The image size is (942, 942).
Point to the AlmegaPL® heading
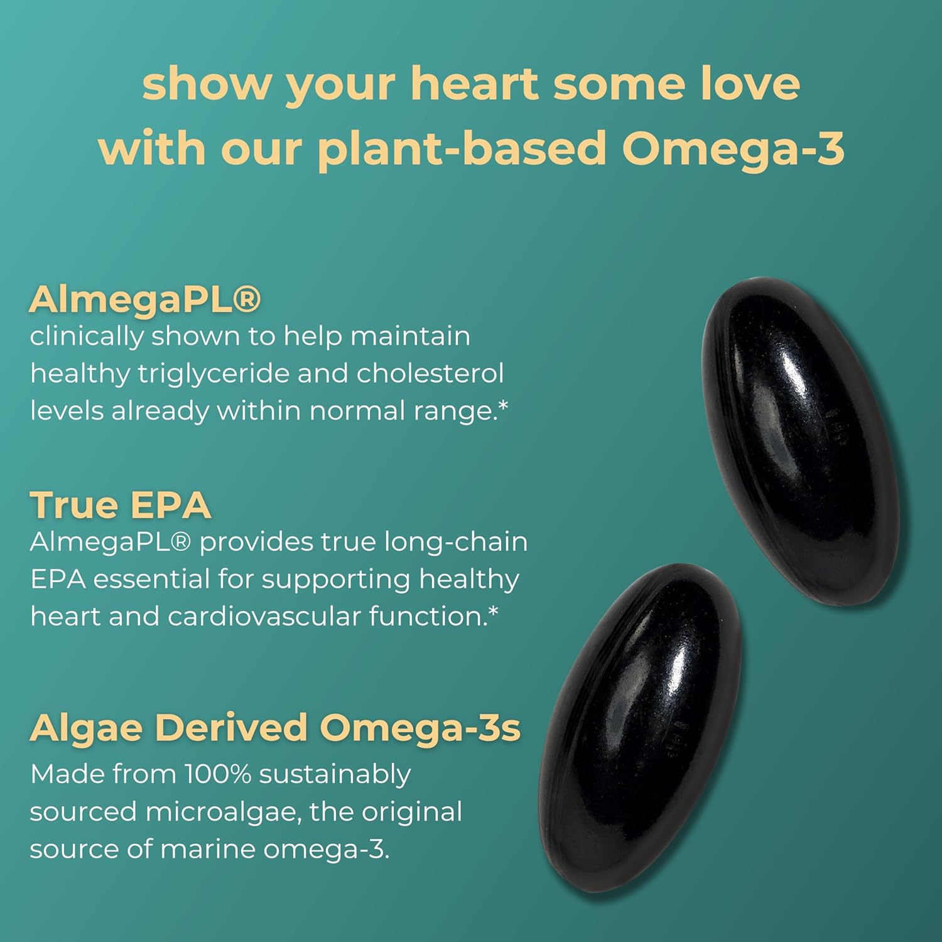(144, 299)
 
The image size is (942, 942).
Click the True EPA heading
(120, 505)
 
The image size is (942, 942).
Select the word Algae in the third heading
(86, 728)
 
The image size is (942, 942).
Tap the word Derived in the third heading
(230, 728)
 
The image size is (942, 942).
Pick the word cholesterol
(430, 374)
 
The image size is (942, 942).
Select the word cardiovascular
(263, 617)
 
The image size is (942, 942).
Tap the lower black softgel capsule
(641, 725)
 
